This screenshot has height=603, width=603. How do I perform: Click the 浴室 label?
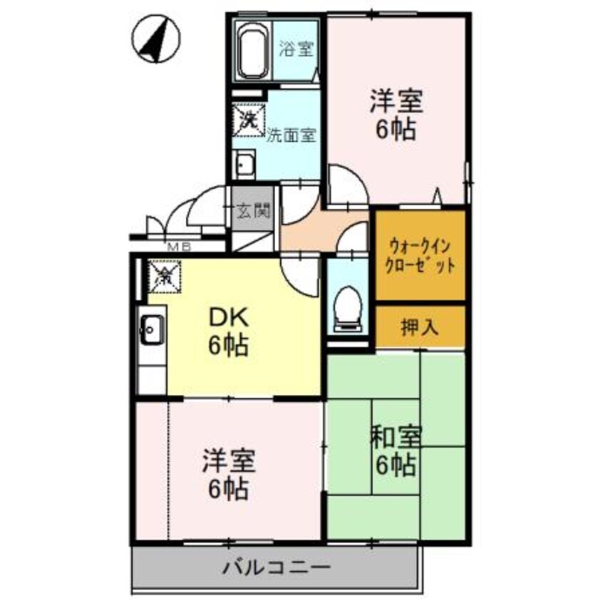coord(296,51)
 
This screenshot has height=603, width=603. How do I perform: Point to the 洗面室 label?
coord(291,134)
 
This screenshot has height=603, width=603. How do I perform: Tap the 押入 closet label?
coord(420,327)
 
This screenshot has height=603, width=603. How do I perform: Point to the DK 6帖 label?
coord(228,331)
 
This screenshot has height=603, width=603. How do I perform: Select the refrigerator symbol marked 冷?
coord(164,274)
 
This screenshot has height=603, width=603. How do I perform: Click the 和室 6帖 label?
coord(396,451)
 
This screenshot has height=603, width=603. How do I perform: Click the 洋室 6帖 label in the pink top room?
coord(396,115)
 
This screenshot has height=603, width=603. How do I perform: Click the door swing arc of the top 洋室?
coord(347,187)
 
